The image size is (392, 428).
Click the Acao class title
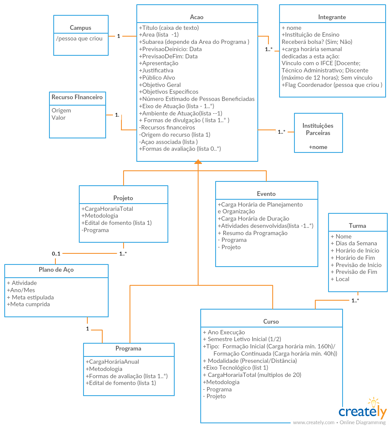click(x=197, y=17)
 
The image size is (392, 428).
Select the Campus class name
click(x=81, y=28)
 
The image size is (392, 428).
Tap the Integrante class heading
click(x=332, y=17)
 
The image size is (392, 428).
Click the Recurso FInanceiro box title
click(x=77, y=97)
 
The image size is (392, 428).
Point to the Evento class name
click(x=266, y=194)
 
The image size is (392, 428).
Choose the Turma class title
click(x=357, y=226)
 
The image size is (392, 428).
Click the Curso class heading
click(x=271, y=322)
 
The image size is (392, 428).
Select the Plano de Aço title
click(x=56, y=270)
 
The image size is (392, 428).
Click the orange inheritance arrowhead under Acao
click(x=198, y=161)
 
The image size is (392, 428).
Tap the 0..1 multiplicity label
click(x=56, y=253)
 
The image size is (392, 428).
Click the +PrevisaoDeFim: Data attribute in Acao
click(x=168, y=56)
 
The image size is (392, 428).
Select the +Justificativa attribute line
click(x=156, y=70)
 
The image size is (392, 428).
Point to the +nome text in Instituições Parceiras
click(x=318, y=147)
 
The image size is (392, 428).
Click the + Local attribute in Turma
click(x=340, y=279)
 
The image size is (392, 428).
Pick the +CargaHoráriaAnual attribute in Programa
click(x=112, y=362)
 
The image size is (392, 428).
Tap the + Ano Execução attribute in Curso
click(x=224, y=332)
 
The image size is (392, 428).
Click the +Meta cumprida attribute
click(x=29, y=304)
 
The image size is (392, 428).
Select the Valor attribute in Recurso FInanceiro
click(x=58, y=118)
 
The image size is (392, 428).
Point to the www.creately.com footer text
click(x=314, y=422)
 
